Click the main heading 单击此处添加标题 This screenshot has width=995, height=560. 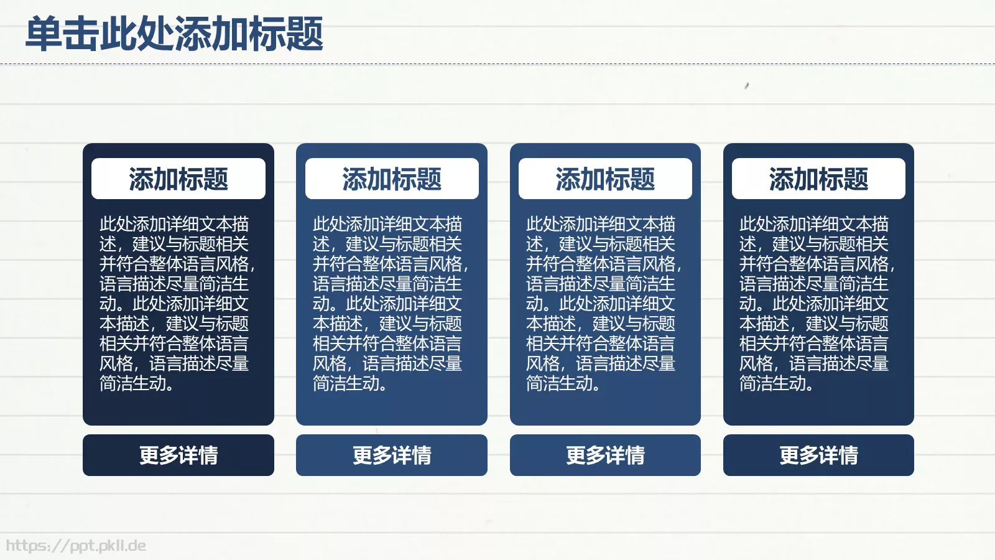tap(174, 34)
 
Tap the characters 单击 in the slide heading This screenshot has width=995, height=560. tap(62, 34)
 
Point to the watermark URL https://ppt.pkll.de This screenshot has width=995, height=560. tap(76, 546)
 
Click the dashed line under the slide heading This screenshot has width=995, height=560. tap(497, 63)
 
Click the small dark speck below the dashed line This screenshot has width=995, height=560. tap(747, 85)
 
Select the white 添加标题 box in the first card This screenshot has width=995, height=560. tap(178, 179)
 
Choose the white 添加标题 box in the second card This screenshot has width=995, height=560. tap(392, 179)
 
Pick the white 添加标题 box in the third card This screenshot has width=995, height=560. tap(605, 179)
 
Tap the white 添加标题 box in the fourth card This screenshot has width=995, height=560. tap(818, 179)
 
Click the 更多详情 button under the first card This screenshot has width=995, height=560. tap(178, 455)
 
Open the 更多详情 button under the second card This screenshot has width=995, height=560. tap(392, 455)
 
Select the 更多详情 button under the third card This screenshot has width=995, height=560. tap(605, 455)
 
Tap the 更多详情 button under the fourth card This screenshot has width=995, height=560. tap(818, 455)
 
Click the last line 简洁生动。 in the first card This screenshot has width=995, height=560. tap(137, 383)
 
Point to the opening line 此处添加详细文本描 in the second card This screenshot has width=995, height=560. tap(387, 224)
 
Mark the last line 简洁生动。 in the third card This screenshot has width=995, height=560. tap(563, 383)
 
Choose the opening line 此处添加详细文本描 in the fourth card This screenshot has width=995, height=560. tap(814, 224)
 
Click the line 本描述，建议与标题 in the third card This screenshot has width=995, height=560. tap(601, 324)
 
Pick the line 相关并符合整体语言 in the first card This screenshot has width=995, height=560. tap(174, 343)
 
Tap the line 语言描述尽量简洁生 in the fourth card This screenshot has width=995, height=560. tap(814, 284)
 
